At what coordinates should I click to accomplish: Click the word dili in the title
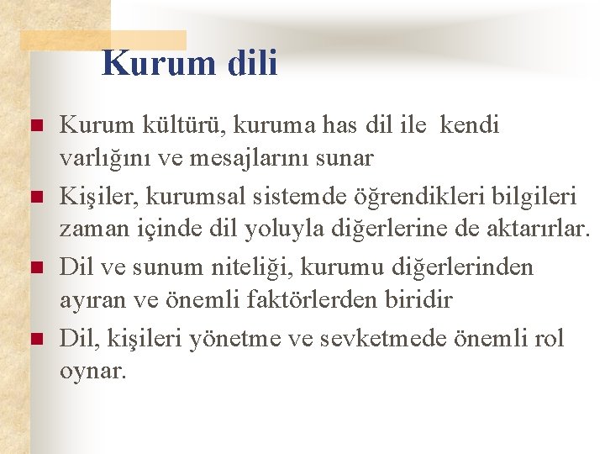249,63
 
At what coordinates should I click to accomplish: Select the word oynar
93,370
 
